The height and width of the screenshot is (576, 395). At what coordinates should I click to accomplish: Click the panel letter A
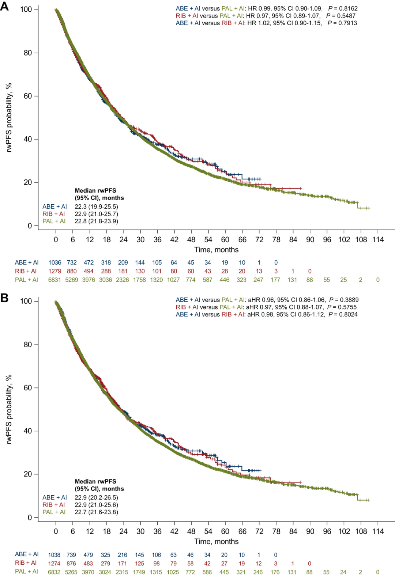(x=4, y=6)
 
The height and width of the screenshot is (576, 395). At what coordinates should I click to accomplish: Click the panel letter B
(x=4, y=298)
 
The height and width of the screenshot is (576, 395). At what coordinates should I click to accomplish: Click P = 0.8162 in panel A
(x=343, y=8)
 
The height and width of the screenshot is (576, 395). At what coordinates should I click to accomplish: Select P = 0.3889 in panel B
(x=344, y=300)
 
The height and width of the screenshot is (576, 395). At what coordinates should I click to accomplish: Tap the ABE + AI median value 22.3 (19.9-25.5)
(x=96, y=206)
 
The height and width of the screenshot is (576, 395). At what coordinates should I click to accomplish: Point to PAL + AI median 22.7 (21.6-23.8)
(x=96, y=512)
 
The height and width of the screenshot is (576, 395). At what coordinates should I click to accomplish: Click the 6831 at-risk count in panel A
(x=54, y=280)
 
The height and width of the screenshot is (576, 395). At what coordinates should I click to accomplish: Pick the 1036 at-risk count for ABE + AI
(x=54, y=262)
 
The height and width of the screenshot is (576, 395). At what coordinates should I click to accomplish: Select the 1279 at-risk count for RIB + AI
(x=54, y=271)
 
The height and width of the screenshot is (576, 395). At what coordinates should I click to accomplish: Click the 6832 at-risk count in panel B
(x=54, y=572)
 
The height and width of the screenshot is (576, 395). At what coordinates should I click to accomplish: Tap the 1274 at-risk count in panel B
(x=54, y=564)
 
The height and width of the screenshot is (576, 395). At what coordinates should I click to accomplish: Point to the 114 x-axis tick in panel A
(x=378, y=239)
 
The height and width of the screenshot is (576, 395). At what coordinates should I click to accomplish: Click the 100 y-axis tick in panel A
(x=26, y=9)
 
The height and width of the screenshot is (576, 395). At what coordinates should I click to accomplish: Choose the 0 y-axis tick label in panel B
(x=30, y=517)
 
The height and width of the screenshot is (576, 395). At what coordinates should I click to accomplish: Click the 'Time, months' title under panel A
(x=216, y=250)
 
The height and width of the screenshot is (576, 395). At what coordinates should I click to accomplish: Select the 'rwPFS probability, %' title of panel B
(x=9, y=409)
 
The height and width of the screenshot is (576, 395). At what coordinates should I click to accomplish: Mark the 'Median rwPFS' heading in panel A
(x=95, y=190)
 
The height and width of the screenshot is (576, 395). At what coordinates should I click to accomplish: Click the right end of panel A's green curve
(x=369, y=208)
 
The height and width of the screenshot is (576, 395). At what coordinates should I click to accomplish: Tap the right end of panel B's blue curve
(x=260, y=470)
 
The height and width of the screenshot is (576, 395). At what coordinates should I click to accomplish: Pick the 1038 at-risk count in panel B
(x=54, y=555)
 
